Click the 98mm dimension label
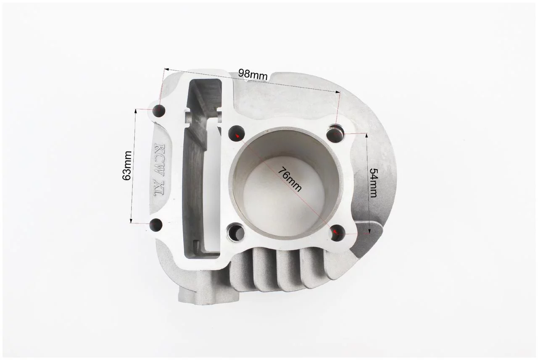[253, 74]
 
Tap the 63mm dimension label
[127, 166]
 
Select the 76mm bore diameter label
[290, 179]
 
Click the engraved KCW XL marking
[159, 170]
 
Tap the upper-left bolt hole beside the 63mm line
[159, 110]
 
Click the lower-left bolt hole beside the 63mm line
[156, 224]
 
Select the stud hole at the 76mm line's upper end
[236, 133]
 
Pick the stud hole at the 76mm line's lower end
[338, 232]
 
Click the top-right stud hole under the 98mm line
[336, 133]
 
